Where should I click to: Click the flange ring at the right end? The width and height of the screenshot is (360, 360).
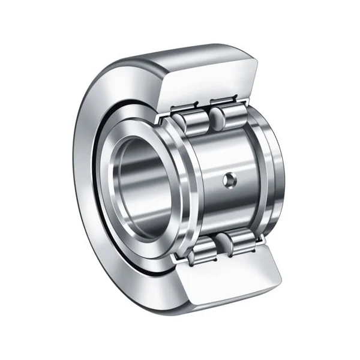pyautogui.click(x=273, y=174)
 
